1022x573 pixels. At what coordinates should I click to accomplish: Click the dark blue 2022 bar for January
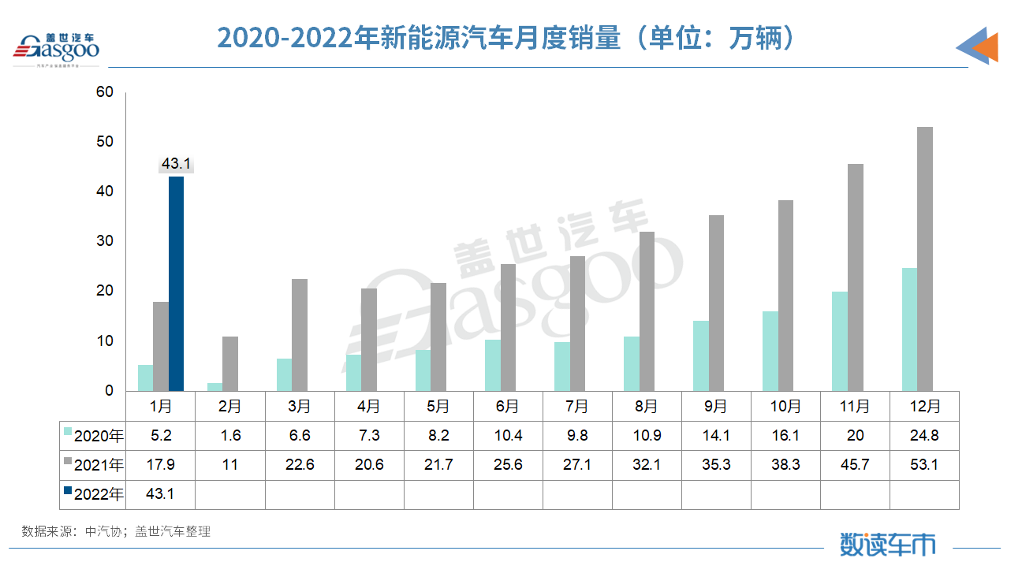[176, 284]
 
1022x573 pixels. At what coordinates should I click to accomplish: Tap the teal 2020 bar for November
[840, 340]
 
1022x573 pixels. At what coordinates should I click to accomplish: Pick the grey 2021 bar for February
[229, 363]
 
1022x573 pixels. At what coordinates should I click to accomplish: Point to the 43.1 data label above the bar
[176, 164]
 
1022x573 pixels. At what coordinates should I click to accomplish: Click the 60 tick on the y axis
[105, 92]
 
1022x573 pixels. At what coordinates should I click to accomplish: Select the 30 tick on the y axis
[105, 241]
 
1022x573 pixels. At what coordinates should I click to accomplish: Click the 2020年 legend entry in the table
[94, 435]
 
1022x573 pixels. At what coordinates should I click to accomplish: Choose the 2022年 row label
[94, 494]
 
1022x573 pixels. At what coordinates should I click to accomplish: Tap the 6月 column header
[508, 406]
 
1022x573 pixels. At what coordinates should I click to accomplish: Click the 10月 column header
[785, 406]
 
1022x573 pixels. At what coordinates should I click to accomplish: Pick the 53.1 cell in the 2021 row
[924, 464]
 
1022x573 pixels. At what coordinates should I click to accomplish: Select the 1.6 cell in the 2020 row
[229, 435]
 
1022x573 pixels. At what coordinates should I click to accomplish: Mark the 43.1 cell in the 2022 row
[160, 494]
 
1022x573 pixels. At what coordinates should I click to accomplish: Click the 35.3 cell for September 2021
[716, 464]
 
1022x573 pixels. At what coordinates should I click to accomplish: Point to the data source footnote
[116, 531]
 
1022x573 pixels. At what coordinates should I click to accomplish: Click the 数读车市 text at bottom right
[888, 544]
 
